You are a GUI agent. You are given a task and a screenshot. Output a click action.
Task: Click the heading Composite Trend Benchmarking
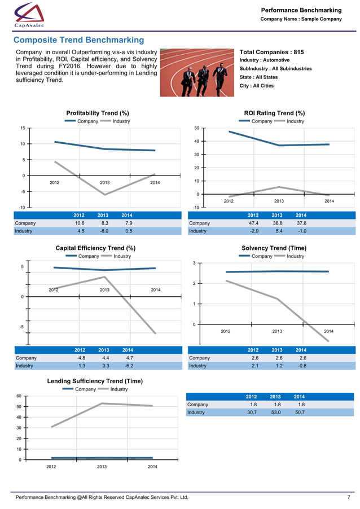click(x=78, y=40)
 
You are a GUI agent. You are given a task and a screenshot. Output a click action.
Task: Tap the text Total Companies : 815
click(x=272, y=52)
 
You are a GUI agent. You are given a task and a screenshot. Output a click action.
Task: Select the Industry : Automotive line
click(x=265, y=60)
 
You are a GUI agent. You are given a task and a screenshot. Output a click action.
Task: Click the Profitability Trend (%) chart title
click(x=98, y=113)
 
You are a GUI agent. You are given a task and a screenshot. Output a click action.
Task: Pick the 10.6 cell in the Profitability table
click(x=80, y=223)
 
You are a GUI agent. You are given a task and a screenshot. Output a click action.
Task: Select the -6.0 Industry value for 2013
click(x=103, y=231)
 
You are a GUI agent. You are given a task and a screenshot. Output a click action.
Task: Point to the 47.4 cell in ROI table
click(x=254, y=223)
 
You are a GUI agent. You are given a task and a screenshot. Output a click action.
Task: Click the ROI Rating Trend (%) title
click(x=274, y=113)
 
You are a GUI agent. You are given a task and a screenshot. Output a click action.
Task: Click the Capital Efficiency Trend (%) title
click(x=95, y=248)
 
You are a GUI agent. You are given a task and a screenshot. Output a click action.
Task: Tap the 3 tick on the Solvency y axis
click(x=194, y=264)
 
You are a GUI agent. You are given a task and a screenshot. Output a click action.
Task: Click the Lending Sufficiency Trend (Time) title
click(x=95, y=381)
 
